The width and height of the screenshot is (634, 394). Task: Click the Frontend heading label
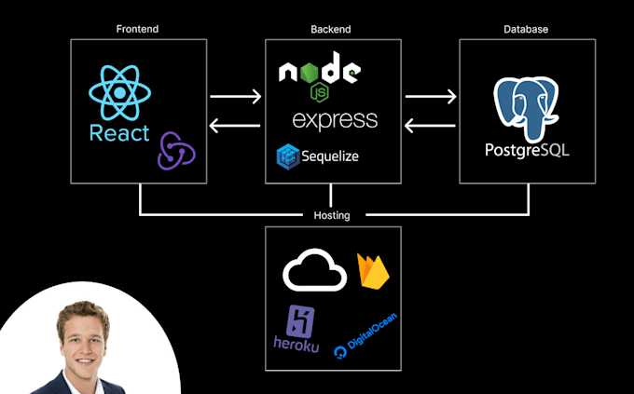138,29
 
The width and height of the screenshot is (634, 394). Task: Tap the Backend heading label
332,29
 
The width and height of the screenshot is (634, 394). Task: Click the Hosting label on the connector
332,215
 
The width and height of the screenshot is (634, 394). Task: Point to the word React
119,133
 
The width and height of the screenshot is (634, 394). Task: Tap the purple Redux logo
176,149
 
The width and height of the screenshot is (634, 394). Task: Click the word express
334,120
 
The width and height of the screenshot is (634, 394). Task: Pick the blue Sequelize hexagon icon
287,156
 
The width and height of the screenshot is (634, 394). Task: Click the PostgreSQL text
527,150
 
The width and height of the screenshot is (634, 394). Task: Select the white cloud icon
314,271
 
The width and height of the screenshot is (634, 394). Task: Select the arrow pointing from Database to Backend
430,128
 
